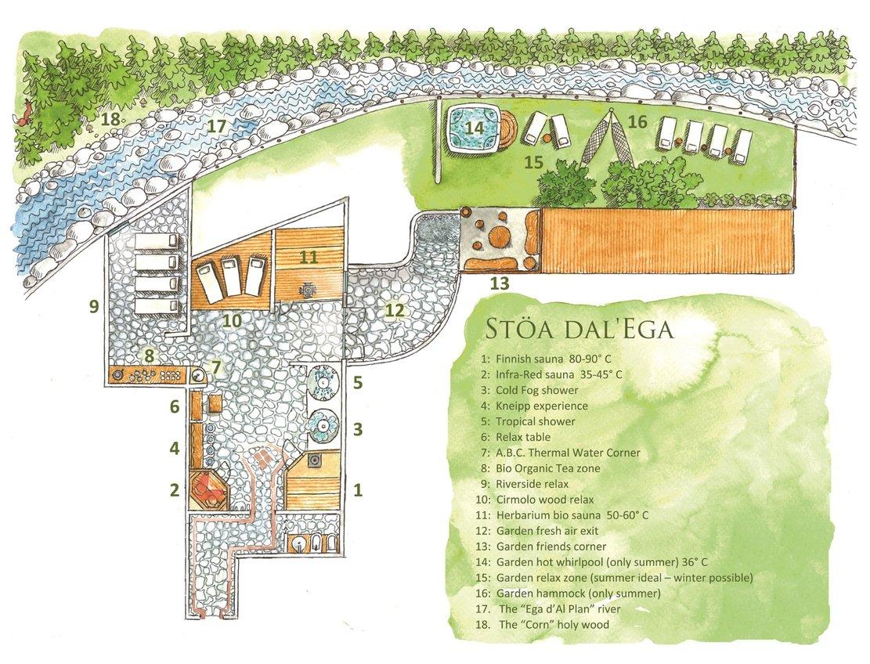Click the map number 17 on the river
[x=216, y=125]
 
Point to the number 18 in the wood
[x=111, y=119]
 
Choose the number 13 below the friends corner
[x=498, y=283]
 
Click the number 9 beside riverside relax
[x=93, y=307]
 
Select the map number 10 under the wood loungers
[x=230, y=319]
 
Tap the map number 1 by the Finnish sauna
[x=358, y=491]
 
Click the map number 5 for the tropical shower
[x=357, y=383]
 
